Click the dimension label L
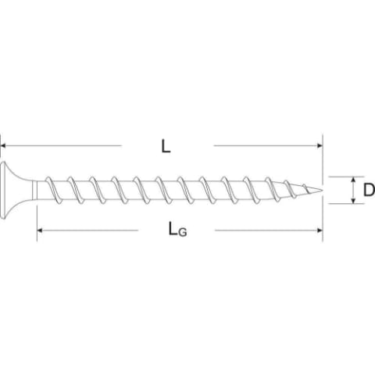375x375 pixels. (x=166, y=146)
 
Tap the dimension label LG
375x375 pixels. (x=177, y=229)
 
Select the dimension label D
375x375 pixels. (x=369, y=190)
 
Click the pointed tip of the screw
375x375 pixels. (x=323, y=190)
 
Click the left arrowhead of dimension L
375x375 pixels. (x=3, y=145)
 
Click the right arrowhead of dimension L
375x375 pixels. (x=320, y=145)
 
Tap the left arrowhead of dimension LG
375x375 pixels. (x=40, y=230)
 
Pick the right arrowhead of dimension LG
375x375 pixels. (x=320, y=230)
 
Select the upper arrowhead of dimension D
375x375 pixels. (x=353, y=179)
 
